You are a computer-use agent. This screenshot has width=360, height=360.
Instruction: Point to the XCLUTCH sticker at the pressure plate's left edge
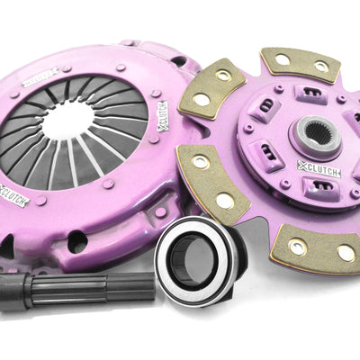[13, 194]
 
